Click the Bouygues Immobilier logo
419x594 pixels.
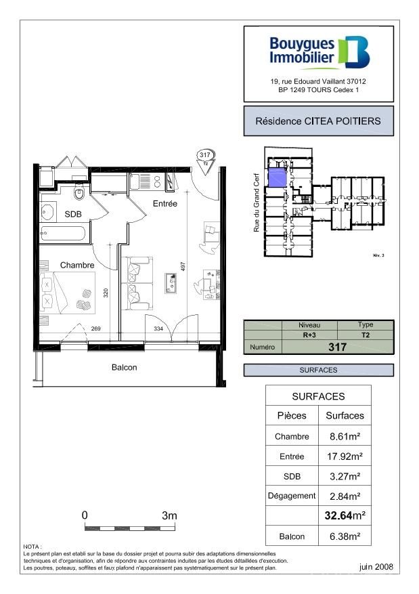pos(319,53)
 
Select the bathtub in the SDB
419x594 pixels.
pos(63,235)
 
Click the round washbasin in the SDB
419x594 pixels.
pos(48,213)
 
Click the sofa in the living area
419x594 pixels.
pos(138,281)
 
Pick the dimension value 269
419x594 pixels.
pos(96,329)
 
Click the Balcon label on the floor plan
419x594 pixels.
pos(124,368)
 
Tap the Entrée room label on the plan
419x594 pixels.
pos(164,203)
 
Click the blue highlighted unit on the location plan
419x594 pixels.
pos(277,177)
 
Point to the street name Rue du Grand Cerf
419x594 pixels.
pos(257,201)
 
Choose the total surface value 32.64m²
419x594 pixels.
pos(345,515)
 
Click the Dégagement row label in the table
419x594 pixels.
pos(292,495)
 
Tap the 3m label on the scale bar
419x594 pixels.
pos(169,515)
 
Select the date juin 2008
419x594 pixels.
pos(375,566)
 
